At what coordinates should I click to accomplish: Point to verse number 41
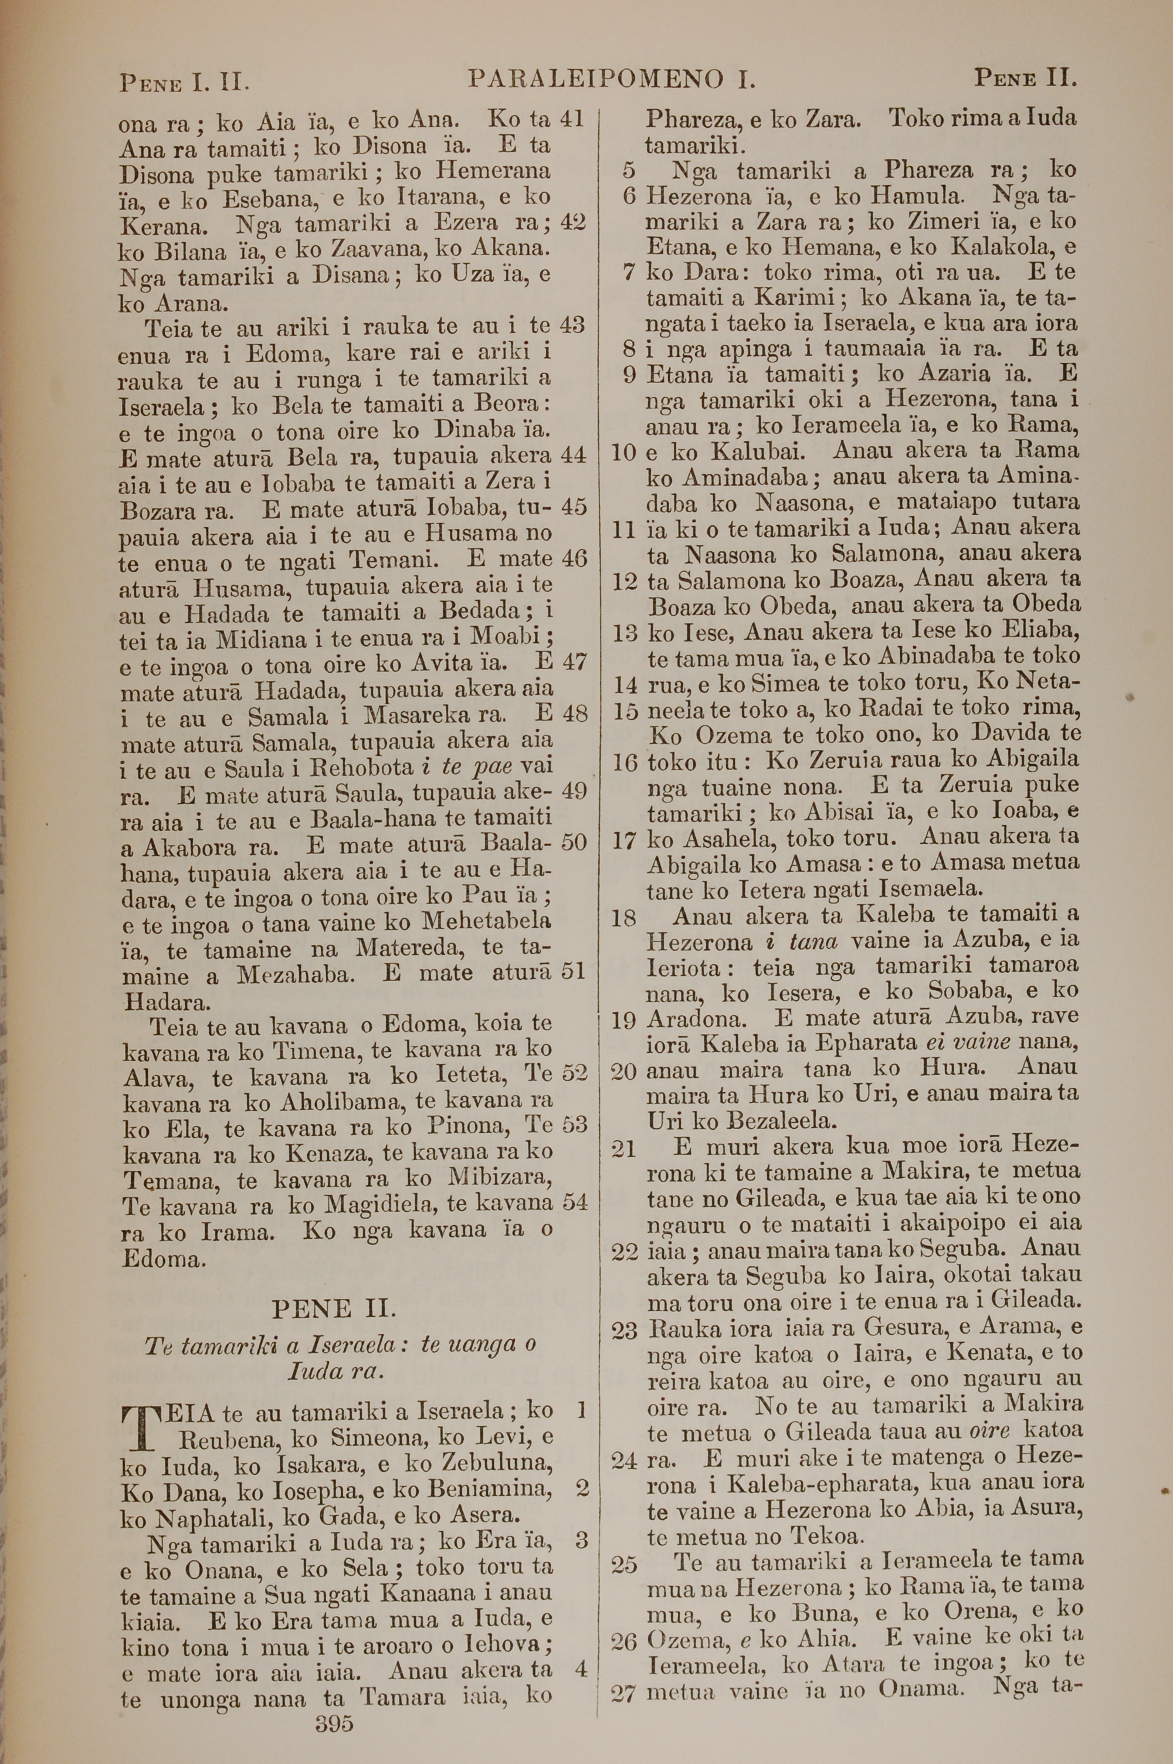[x=572, y=119]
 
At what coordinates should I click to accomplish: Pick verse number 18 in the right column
[x=623, y=917]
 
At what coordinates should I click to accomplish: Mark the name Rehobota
[x=362, y=767]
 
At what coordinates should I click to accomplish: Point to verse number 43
[x=572, y=325]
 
